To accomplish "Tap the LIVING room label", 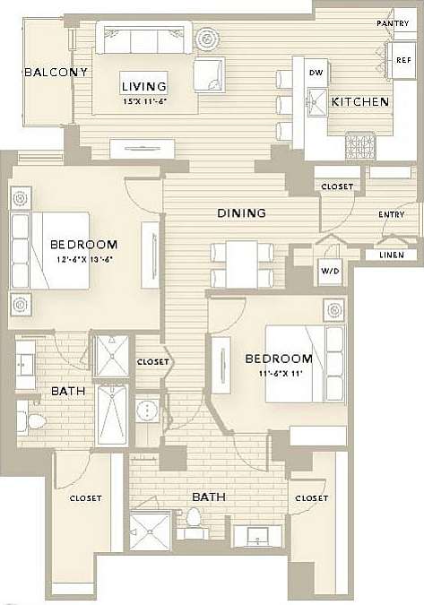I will click(x=143, y=86).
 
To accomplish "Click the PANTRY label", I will click(x=393, y=23).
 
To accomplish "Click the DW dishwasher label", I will click(x=316, y=73).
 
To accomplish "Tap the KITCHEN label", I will click(x=360, y=102).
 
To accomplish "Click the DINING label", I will click(x=242, y=213).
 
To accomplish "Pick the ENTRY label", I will click(x=391, y=214).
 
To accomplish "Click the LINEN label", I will click(x=390, y=255).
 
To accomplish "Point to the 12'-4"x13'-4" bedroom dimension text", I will click(x=83, y=260).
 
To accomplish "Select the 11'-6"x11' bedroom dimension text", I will click(x=277, y=374).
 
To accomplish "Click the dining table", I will click(x=241, y=265).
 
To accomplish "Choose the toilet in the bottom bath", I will click(x=194, y=521).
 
